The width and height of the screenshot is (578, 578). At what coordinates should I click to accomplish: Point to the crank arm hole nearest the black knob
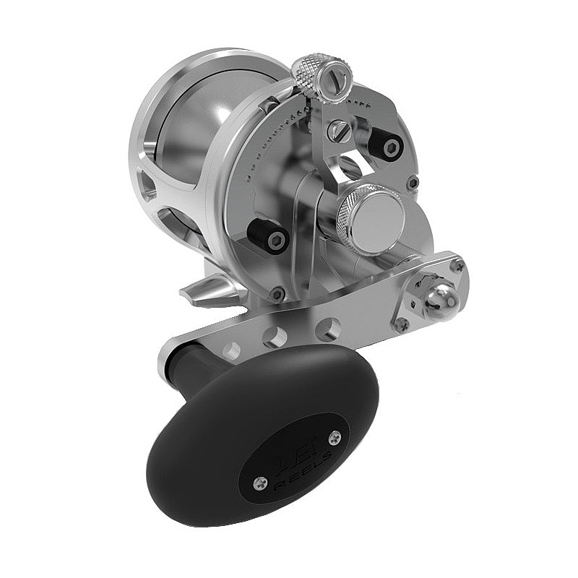coord(231,352)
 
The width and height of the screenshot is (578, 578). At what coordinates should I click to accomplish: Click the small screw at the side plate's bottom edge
coord(277,293)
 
